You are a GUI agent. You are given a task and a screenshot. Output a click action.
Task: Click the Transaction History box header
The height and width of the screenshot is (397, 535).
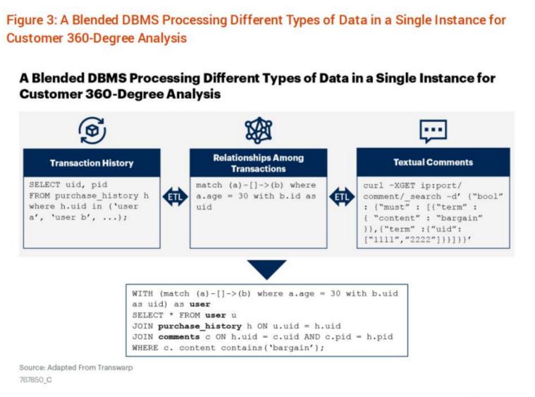[x=92, y=163]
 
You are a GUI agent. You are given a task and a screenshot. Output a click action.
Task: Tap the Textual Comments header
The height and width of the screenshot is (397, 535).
[x=433, y=162]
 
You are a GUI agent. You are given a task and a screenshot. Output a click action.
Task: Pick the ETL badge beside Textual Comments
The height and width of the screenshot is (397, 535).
[x=342, y=196]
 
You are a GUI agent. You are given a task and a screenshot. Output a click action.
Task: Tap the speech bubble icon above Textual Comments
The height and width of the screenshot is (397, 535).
[x=433, y=130]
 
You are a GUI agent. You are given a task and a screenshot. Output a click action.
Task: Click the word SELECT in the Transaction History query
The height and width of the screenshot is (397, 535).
[x=43, y=185]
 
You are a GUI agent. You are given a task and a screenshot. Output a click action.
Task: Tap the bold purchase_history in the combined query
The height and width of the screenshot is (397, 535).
[x=195, y=326]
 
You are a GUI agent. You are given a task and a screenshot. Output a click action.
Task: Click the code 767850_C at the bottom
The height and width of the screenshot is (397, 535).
[x=35, y=380]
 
